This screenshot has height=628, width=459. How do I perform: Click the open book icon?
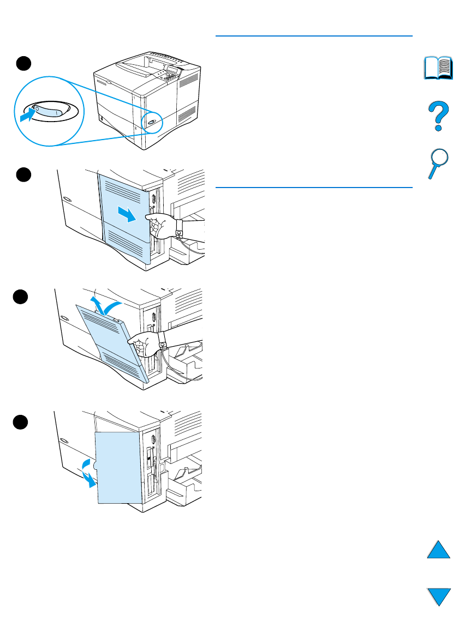(438, 68)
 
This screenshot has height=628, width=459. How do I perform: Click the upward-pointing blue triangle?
(438, 548)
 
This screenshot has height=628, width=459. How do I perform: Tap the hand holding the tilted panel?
(145, 342)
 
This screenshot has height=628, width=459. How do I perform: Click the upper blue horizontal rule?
(314, 36)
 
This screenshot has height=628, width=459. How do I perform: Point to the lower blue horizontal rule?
(314, 187)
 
